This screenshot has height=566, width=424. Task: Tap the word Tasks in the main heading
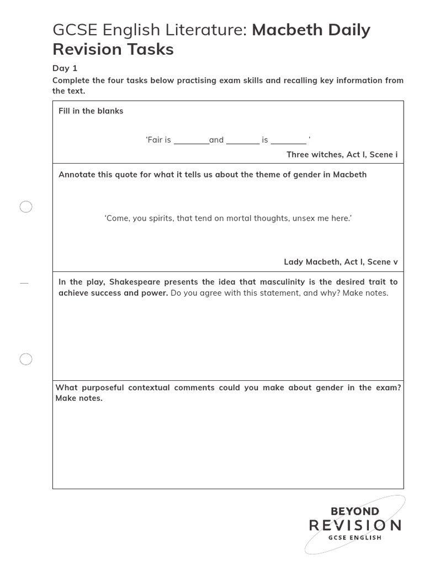pyautogui.click(x=150, y=49)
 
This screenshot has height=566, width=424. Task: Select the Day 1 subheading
pyautogui.click(x=65, y=68)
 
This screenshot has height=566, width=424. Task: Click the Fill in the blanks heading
pyautogui.click(x=91, y=111)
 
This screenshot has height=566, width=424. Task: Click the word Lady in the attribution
pyautogui.click(x=294, y=262)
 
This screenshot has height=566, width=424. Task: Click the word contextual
pyautogui.click(x=149, y=387)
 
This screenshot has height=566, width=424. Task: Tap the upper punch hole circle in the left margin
pyautogui.click(x=26, y=207)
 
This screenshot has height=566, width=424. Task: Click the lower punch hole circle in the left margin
pyautogui.click(x=26, y=359)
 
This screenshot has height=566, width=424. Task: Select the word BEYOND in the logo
pyautogui.click(x=354, y=511)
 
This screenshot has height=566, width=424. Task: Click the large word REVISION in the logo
pyautogui.click(x=355, y=525)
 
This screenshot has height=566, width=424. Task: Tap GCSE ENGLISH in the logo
pyautogui.click(x=354, y=538)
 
